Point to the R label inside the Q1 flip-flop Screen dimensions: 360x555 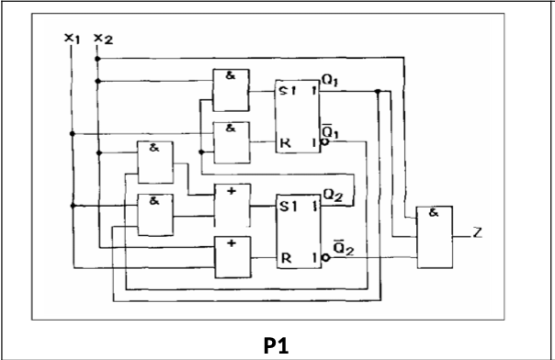point(285,142)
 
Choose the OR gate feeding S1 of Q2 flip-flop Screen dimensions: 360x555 point(230,205)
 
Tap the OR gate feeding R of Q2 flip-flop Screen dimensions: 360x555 point(230,256)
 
